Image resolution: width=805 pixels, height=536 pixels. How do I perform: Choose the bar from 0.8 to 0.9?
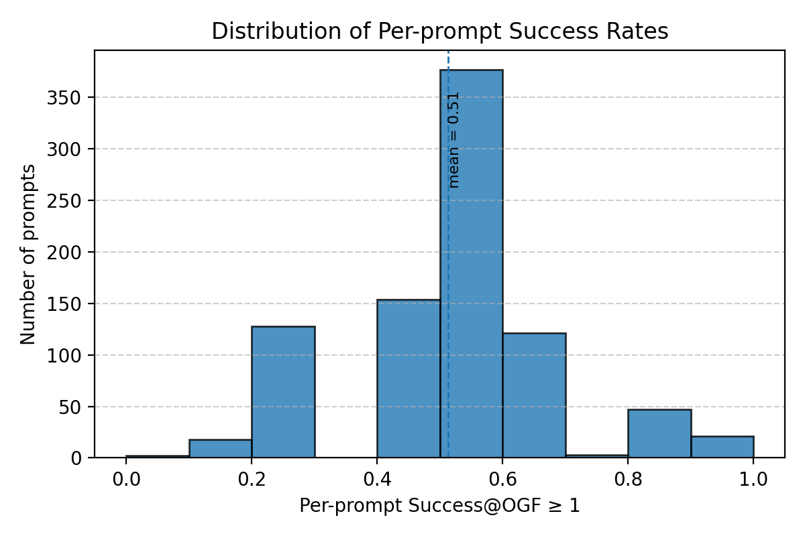(x=659, y=433)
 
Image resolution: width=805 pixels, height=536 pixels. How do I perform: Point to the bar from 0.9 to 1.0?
(x=722, y=447)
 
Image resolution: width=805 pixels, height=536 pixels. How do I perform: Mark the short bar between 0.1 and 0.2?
(x=220, y=449)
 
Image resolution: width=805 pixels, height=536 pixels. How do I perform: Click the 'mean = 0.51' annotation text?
(x=454, y=139)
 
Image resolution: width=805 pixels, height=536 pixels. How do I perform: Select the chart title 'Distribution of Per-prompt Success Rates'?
(x=439, y=32)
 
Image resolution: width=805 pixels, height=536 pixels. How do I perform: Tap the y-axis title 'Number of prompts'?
(x=28, y=254)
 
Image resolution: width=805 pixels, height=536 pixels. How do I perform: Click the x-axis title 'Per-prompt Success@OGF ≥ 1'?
(x=439, y=506)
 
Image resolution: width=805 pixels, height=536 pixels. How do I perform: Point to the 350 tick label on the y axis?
(x=64, y=97)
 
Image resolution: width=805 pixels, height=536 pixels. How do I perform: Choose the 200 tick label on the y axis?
(x=64, y=252)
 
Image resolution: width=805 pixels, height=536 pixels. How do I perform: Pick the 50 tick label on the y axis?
(x=68, y=407)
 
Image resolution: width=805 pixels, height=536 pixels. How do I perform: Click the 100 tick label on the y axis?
(x=64, y=355)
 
